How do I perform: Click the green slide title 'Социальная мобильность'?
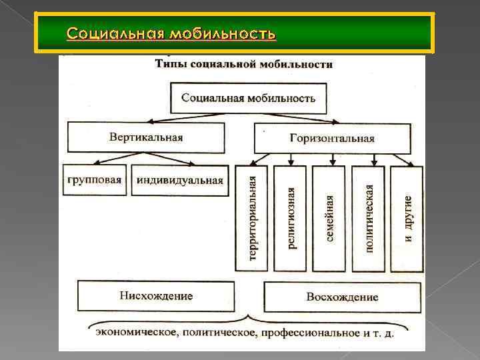171,33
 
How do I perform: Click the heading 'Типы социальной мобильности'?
243,65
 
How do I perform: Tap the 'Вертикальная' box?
145,137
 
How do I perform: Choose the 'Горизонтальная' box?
331,139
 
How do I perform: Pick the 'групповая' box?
95,180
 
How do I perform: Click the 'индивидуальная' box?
179,180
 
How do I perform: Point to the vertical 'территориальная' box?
251,219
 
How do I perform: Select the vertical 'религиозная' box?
290,219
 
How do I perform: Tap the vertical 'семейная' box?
329,219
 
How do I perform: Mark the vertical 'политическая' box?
368,219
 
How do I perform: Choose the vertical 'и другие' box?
407,219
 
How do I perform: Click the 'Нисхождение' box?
156,296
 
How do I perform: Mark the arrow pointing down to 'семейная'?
331,159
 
